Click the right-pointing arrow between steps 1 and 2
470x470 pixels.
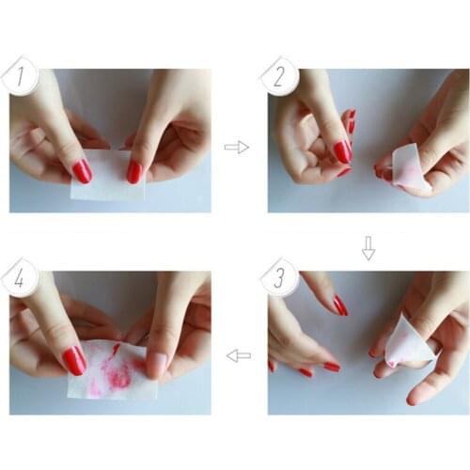click(236, 147)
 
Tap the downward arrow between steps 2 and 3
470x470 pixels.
click(368, 248)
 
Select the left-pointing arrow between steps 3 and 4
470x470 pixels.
click(239, 355)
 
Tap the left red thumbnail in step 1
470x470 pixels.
click(83, 170)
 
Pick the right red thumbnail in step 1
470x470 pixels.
click(134, 171)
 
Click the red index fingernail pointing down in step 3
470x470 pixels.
click(339, 305)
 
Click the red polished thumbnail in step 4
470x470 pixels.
click(74, 359)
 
